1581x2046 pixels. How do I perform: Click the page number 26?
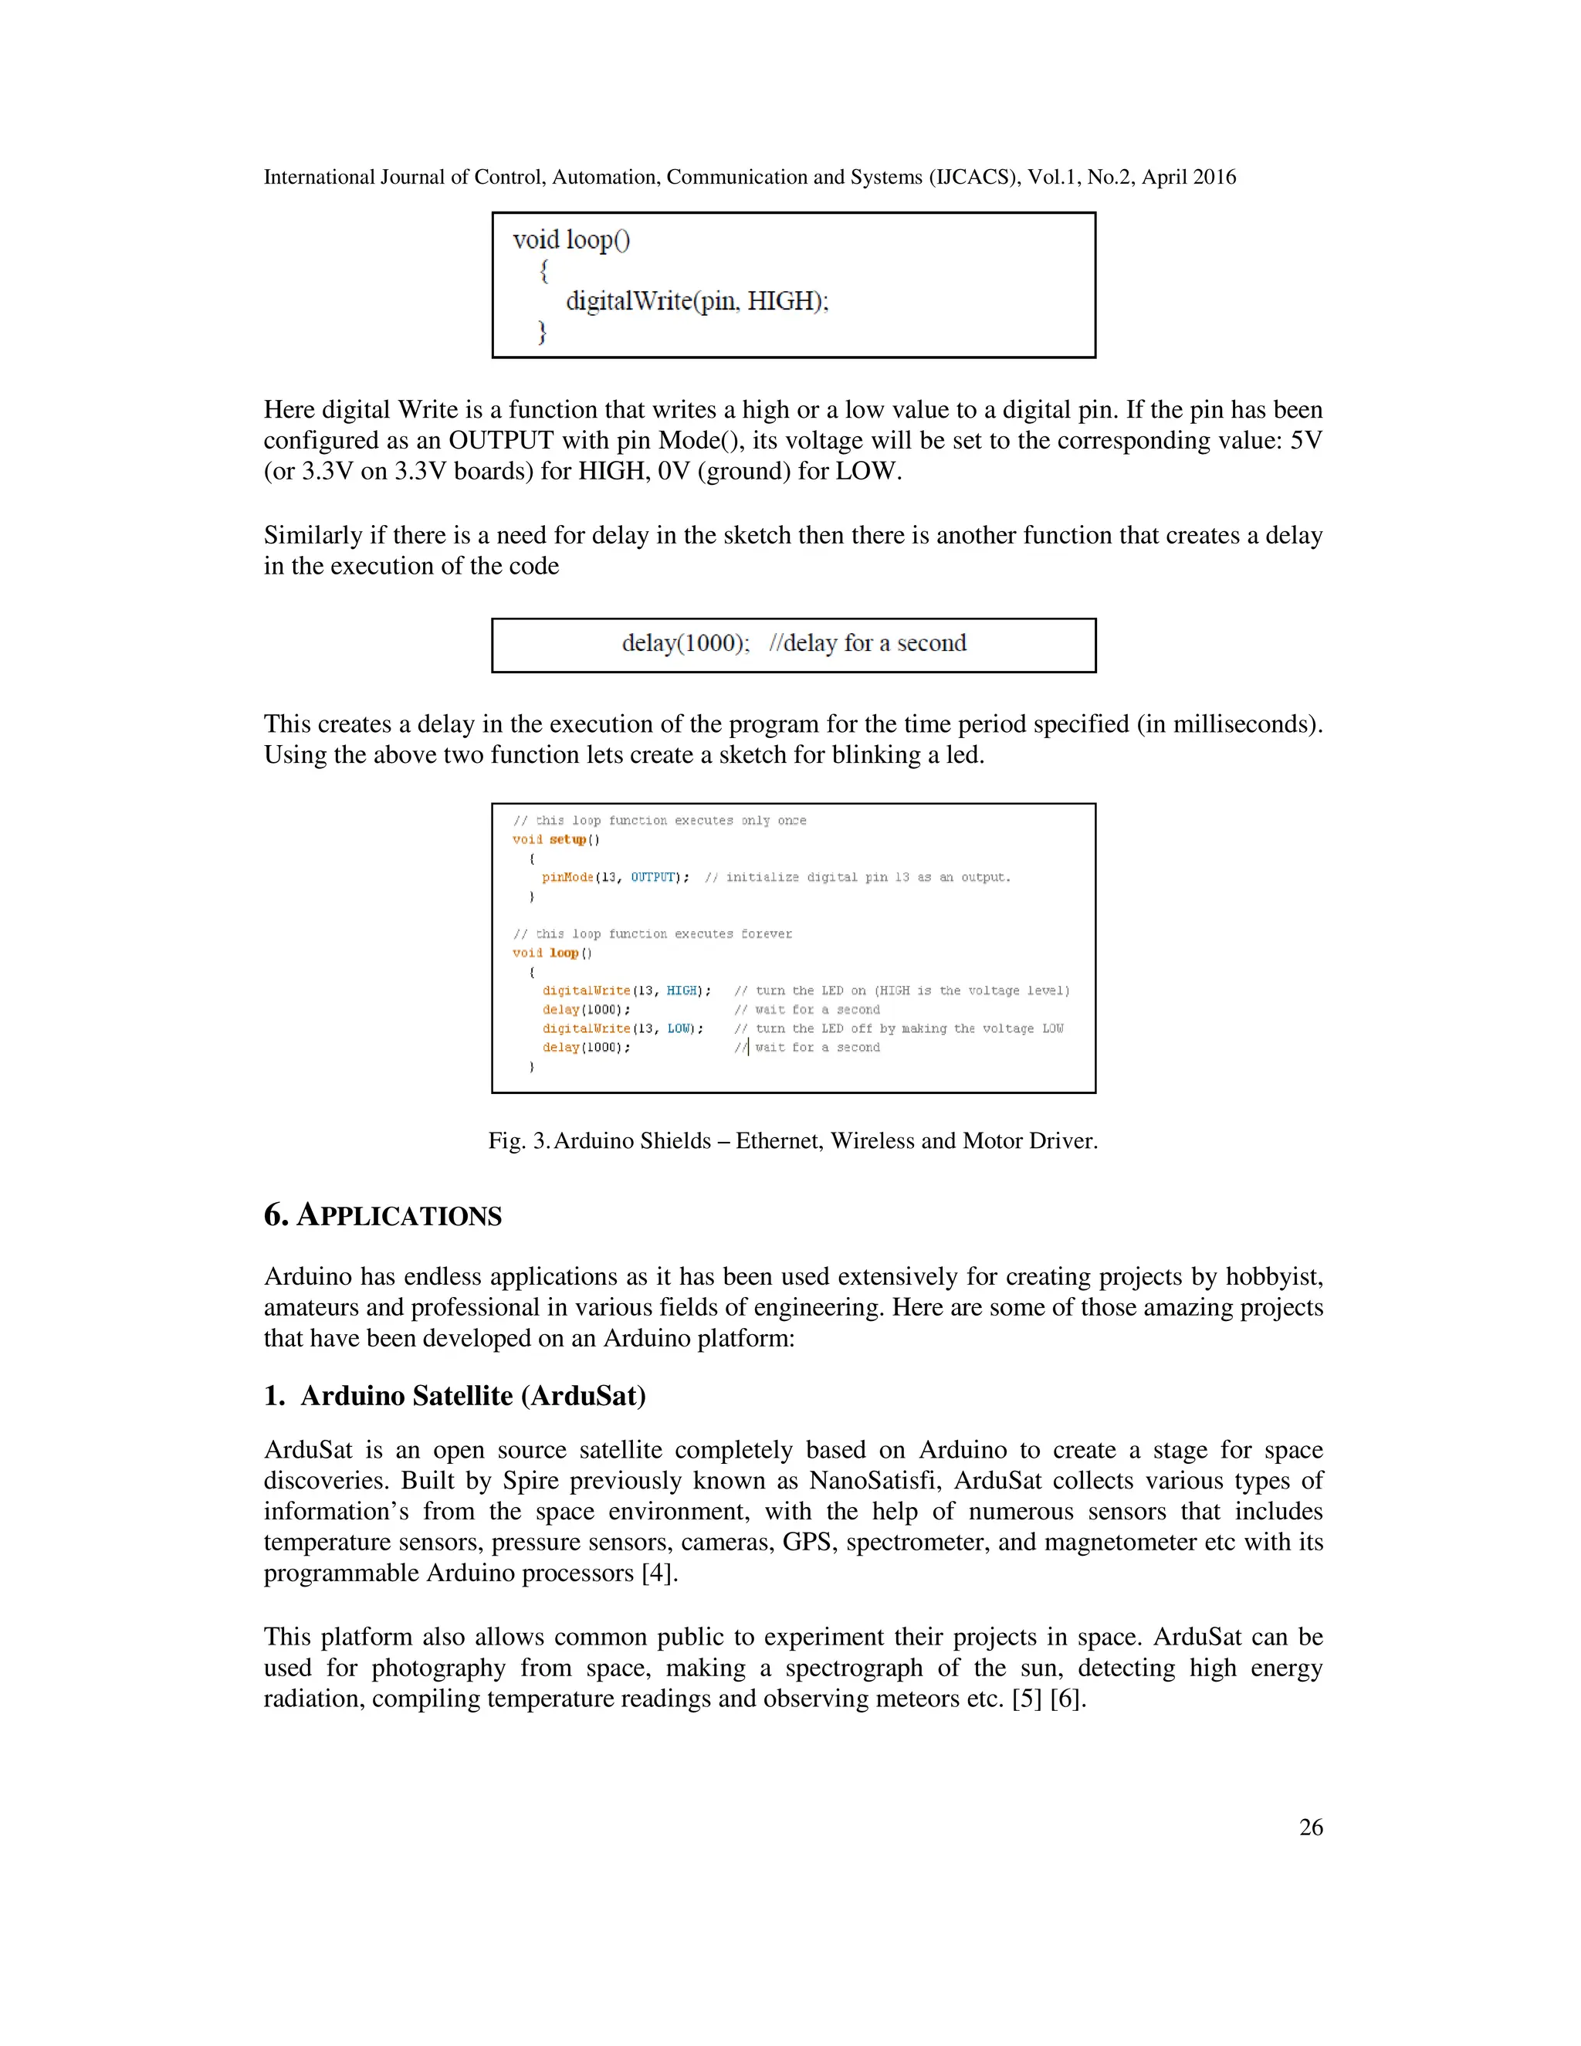(x=1310, y=1827)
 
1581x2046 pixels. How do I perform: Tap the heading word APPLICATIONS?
(x=400, y=1216)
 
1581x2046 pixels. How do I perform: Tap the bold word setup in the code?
(x=567, y=839)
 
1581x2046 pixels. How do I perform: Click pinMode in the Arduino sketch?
(x=567, y=878)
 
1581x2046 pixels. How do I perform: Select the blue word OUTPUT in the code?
(x=653, y=878)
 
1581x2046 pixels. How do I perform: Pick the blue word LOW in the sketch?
(x=679, y=1028)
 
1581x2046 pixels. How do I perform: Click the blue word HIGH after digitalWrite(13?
(x=682, y=991)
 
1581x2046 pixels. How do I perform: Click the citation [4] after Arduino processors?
(x=658, y=1573)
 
